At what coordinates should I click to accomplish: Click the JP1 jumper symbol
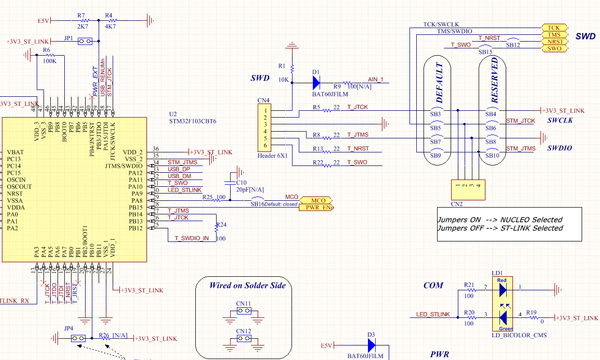85,42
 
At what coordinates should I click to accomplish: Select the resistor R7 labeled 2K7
84,21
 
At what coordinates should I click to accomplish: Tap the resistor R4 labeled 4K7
112,21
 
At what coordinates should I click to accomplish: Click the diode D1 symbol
317,83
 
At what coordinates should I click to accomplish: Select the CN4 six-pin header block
264,128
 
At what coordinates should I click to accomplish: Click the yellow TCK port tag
554,28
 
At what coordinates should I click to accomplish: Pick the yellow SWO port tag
554,48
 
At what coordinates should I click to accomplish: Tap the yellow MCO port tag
317,200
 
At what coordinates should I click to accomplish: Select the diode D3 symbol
371,345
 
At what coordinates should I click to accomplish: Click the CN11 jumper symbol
244,312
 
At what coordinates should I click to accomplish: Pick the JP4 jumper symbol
78,339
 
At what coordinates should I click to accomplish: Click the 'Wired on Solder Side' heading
247,285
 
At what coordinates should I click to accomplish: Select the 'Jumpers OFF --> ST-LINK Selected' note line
500,228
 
